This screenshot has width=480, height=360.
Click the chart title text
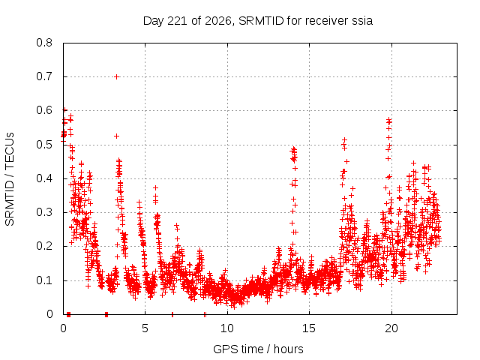coord(258,21)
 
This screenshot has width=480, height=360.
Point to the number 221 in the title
coord(178,21)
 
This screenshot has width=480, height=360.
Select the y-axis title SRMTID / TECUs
coord(10,179)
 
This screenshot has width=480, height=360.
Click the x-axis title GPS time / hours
coord(258,349)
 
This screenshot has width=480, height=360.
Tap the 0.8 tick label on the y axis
coord(44,43)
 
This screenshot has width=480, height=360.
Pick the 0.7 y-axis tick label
coord(44,76)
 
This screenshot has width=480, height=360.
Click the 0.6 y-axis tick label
coord(44,110)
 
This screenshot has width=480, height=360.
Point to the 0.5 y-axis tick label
coord(44,145)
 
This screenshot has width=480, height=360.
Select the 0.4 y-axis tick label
coord(44,178)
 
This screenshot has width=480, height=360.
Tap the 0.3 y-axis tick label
coord(44,212)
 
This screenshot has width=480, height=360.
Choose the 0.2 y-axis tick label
coord(44,247)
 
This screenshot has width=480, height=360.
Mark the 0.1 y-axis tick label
coord(44,280)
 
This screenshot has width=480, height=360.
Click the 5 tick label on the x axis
coord(145,328)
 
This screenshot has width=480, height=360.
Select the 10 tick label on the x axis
coord(227,328)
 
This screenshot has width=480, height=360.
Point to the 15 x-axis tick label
coord(309,328)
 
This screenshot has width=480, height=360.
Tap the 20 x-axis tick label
coord(391,328)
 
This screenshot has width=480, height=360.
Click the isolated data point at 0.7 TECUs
coord(116,76)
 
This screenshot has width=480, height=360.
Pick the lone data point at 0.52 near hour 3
coord(116,136)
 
